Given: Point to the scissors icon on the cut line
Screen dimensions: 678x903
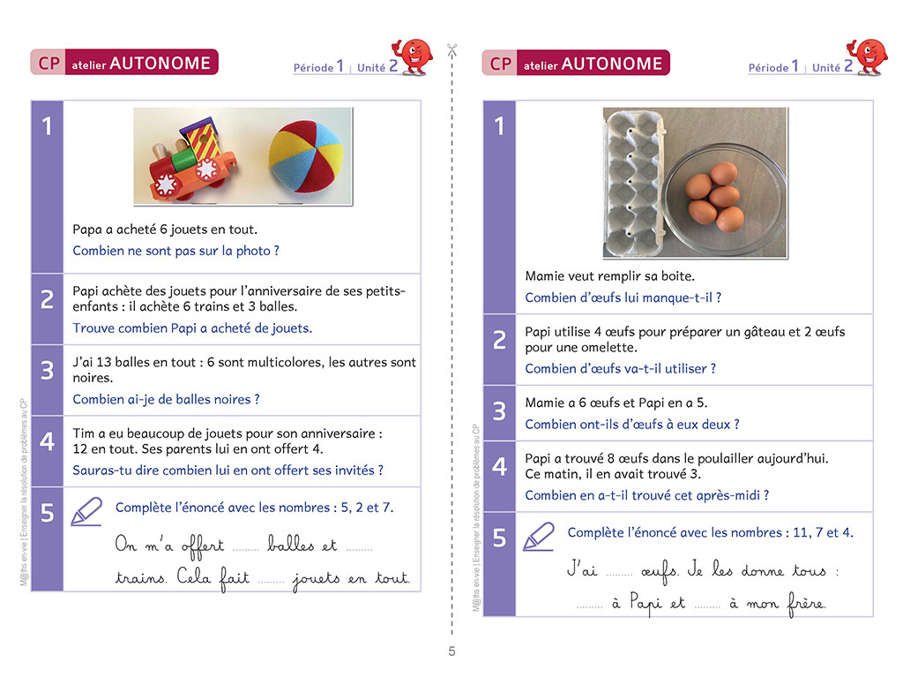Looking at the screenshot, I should [x=452, y=50].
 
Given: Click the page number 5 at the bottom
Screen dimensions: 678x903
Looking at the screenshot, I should [x=451, y=652].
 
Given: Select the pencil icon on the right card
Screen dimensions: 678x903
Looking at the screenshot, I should [x=538, y=535].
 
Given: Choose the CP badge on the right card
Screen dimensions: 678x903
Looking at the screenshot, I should [x=501, y=64].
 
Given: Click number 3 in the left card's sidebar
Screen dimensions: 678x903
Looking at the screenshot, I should [x=47, y=370].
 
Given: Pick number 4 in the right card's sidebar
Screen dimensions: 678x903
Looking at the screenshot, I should [x=499, y=466].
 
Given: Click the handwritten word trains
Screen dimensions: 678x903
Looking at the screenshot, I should [x=140, y=579].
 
